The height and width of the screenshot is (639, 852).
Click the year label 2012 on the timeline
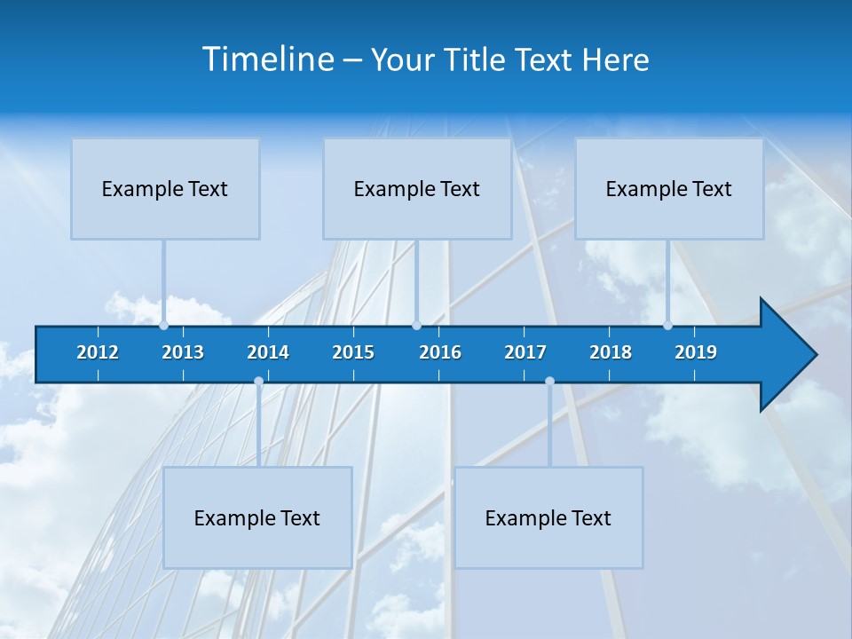point(98,352)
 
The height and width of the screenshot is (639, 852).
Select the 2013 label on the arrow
point(183,352)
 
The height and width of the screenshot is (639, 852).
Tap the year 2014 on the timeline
point(268,352)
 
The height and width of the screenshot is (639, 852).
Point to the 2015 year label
point(353,352)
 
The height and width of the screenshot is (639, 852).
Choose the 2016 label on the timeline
point(440,352)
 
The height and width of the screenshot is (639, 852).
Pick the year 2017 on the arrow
point(525,352)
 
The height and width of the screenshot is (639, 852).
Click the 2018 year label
point(611,352)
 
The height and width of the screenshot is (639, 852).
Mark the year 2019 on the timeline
point(696,352)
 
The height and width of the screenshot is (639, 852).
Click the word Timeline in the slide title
point(267,59)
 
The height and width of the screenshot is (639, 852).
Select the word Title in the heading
point(477,59)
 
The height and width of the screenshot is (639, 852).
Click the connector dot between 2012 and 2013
point(163,325)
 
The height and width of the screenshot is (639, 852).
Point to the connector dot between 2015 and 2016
point(416,325)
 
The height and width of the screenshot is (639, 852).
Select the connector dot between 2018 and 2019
point(667,325)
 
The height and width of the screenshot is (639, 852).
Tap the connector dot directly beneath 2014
point(258,382)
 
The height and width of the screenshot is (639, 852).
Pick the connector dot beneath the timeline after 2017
point(549,382)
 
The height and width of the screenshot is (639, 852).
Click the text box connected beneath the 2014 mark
point(257,517)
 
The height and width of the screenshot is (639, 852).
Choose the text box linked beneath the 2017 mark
point(548,517)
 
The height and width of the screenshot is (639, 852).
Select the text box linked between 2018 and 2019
point(669,188)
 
